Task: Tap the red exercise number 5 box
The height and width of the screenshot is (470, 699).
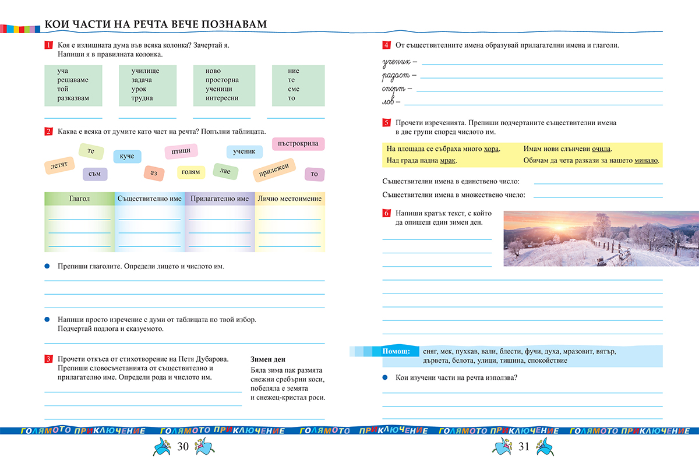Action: (x=386, y=123)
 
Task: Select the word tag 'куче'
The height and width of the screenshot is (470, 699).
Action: (x=127, y=156)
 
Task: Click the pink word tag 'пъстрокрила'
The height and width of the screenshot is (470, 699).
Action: (x=298, y=143)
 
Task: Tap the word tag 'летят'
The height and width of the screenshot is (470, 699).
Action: (x=59, y=165)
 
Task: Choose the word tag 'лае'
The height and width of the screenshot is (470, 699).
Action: (x=225, y=170)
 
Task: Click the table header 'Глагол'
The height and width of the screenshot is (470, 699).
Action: (x=79, y=199)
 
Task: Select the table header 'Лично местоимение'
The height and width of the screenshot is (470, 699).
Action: (x=290, y=199)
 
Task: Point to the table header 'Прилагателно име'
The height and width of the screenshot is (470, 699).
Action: (x=220, y=199)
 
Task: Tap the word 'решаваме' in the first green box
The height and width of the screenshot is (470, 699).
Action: (x=73, y=80)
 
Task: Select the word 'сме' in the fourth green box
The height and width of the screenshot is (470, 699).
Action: (x=294, y=89)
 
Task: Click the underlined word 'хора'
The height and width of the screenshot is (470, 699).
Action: (x=492, y=149)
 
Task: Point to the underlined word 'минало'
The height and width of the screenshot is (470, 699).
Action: (x=646, y=160)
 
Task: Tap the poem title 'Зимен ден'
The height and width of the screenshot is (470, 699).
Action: (x=267, y=359)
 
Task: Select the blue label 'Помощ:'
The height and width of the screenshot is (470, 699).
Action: (x=396, y=351)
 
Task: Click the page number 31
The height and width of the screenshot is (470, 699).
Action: (x=523, y=447)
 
